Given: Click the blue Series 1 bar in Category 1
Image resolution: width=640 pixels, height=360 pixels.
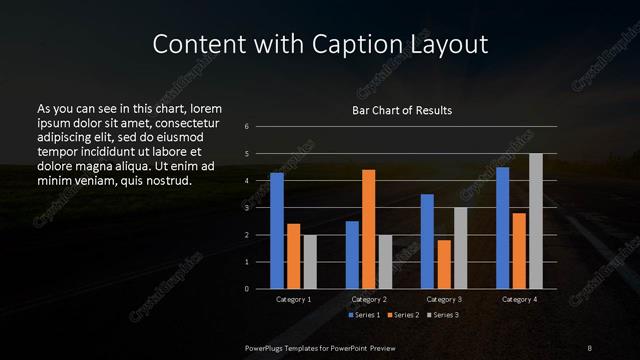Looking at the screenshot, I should coord(277,230).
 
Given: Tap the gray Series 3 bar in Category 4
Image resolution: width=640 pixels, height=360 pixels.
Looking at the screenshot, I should coord(535,221).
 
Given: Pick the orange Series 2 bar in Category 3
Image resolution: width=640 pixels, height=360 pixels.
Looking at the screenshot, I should coord(444,264).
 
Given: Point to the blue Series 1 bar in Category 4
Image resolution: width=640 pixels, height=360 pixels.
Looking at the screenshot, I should coord(503,228).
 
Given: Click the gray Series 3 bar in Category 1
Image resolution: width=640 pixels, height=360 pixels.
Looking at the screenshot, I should coord(309,261).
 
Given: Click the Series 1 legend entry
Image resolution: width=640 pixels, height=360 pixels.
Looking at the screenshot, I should coord(364,315).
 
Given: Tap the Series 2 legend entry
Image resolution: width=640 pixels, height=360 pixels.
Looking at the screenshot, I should coord(402,315).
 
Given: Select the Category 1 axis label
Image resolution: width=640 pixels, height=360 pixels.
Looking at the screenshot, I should coord(293,299).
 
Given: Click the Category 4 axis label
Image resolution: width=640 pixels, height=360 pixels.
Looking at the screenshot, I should coord(519,299).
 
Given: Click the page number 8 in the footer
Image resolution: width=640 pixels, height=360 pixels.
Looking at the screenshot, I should coord(589,347).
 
